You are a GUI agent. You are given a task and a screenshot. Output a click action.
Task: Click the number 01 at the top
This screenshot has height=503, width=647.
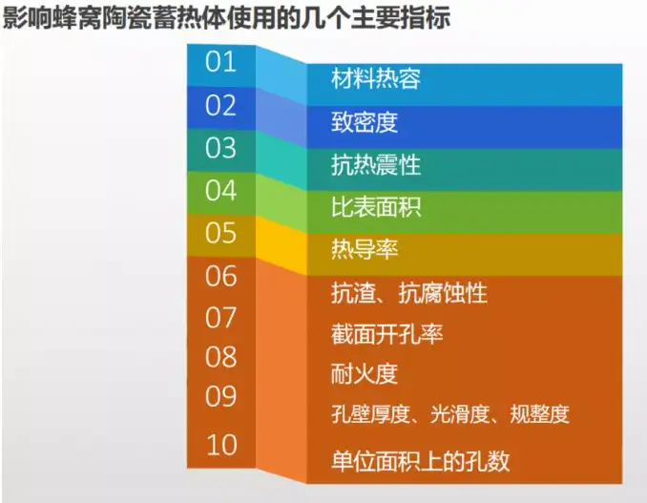(x=220, y=62)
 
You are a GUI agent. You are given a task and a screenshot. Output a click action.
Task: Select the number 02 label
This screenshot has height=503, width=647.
(x=220, y=105)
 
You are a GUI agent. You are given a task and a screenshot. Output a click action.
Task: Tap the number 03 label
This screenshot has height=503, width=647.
(x=220, y=148)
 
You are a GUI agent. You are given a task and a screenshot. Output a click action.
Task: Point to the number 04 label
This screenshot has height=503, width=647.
(x=220, y=190)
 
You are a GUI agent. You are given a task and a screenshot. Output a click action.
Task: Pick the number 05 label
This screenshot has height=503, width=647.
(x=220, y=233)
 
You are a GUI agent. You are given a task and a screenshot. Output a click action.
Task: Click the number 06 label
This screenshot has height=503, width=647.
(x=220, y=276)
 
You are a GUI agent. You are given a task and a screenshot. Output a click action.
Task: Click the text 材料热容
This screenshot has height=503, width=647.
(x=376, y=79)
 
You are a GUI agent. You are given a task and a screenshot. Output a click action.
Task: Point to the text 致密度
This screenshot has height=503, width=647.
(x=365, y=123)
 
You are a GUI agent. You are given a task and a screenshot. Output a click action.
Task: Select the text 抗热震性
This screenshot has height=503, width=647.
(x=376, y=165)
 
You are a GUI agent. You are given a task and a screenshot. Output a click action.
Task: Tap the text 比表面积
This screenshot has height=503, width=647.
(x=376, y=208)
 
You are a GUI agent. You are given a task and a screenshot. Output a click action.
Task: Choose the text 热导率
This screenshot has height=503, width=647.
(x=365, y=250)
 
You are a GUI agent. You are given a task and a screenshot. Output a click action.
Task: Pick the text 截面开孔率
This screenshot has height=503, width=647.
(x=386, y=334)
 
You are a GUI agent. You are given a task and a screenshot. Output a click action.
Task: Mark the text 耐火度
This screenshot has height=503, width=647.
(x=364, y=374)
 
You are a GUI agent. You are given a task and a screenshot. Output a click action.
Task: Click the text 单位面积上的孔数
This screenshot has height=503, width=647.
(x=420, y=461)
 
